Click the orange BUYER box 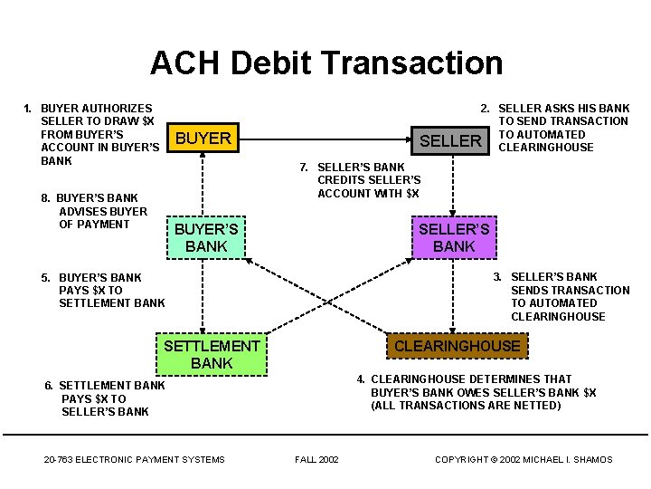[203, 139]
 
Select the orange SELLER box [451, 140]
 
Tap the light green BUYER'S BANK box [206, 237]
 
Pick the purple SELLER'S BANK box [454, 237]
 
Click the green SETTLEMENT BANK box [212, 354]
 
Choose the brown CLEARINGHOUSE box [458, 345]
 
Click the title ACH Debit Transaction [325, 62]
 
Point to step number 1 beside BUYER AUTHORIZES [27, 108]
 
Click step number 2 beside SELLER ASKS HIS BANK [485, 108]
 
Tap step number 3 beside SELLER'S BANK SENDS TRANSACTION [497, 276]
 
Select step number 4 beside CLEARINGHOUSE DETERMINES [360, 379]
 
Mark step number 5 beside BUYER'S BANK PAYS [45, 277]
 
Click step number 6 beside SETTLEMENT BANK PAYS [49, 385]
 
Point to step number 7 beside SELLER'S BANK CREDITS [304, 167]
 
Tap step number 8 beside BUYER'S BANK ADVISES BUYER [45, 197]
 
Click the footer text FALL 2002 [316, 459]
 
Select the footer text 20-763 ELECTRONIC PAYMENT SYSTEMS [134, 459]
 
